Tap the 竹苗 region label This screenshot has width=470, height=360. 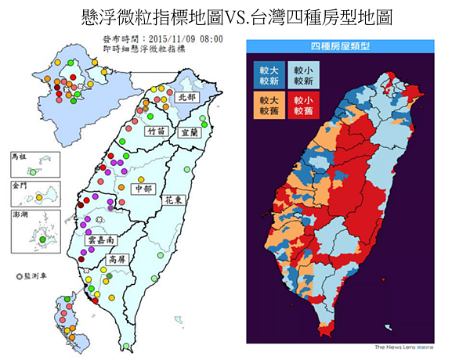(x=156, y=132)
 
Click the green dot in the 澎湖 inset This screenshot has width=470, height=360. (x=44, y=239)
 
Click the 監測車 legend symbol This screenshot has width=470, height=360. (x=20, y=276)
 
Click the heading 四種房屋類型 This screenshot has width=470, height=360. (x=342, y=46)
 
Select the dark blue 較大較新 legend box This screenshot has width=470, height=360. (x=268, y=74)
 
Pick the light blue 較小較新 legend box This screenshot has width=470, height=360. (x=303, y=74)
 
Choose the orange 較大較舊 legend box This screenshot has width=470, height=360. (x=268, y=105)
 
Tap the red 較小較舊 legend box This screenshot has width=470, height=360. (x=303, y=105)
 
